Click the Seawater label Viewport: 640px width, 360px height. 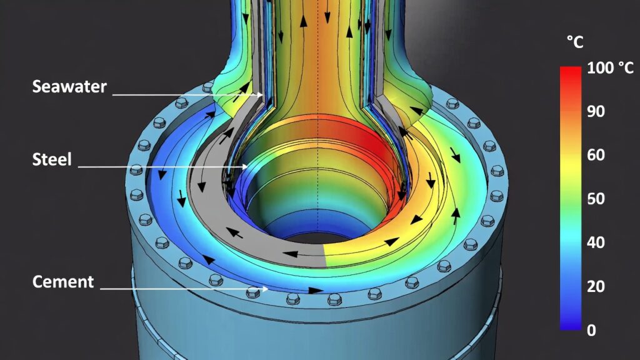pyautogui.click(x=69, y=86)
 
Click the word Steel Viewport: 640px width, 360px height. pyautogui.click(x=52, y=159)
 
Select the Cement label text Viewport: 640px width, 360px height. pyautogui.click(x=63, y=282)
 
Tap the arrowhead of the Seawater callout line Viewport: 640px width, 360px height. pyautogui.click(x=261, y=95)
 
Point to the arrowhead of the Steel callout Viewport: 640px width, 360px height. pyautogui.click(x=244, y=166)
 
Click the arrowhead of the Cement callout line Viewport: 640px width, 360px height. pyautogui.click(x=265, y=289)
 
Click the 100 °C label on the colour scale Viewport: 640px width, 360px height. pyautogui.click(x=610, y=67)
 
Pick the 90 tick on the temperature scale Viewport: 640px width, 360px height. pyautogui.click(x=596, y=111)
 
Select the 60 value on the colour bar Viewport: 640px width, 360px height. pyautogui.click(x=596, y=155)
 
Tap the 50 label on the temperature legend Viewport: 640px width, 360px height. pyautogui.click(x=596, y=198)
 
